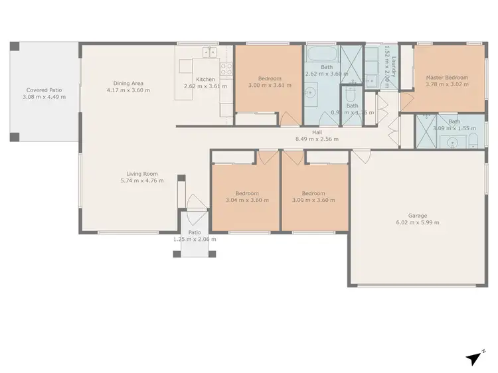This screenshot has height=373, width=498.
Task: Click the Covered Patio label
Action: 45,90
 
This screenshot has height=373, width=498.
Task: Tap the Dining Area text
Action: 128,83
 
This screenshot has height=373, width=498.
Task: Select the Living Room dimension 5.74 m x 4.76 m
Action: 141,181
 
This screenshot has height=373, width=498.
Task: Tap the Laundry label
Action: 393,67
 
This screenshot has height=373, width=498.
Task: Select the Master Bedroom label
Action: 447,78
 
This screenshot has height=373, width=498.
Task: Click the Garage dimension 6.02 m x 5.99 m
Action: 418,222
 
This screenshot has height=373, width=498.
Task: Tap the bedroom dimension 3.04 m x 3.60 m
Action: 247,200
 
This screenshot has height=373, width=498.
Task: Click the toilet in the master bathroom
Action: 473,139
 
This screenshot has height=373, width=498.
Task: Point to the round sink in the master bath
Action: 454,141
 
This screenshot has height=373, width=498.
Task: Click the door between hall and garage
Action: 362,157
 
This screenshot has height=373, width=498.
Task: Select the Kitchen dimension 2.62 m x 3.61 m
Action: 205,86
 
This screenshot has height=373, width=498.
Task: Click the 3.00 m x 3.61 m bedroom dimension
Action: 269,86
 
